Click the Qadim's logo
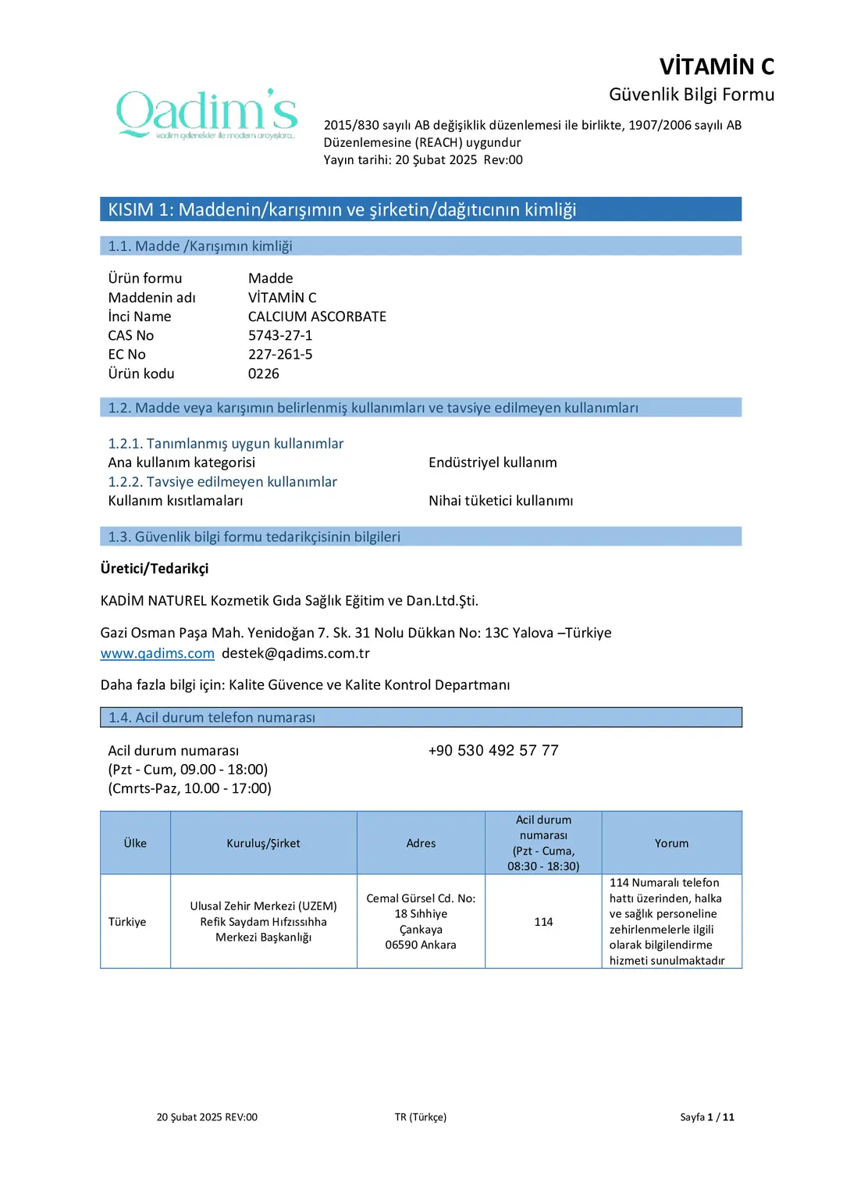(207, 114)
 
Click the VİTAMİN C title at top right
(717, 66)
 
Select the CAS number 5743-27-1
(280, 335)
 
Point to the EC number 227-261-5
(280, 354)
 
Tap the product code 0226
(264, 373)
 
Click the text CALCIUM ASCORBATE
(317, 316)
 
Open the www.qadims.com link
(157, 653)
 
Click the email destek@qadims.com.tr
(296, 653)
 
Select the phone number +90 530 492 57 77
(493, 750)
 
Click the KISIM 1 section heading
(342, 209)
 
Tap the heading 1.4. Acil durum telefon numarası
(212, 717)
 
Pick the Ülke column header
(135, 843)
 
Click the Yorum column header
(671, 843)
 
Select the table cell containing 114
(543, 922)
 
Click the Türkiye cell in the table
(127, 922)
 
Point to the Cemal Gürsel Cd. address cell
(421, 922)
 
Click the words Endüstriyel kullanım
(493, 463)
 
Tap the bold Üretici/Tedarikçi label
(155, 569)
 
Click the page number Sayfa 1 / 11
(706, 1117)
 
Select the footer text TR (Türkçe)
(420, 1117)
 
